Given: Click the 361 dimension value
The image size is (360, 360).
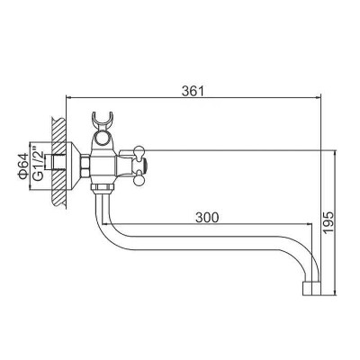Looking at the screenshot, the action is point(193,91).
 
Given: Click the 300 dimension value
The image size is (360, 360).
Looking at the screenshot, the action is point(207,218).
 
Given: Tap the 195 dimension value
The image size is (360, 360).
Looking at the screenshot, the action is point(328,222).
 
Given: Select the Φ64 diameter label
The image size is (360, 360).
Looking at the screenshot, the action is point(23,166).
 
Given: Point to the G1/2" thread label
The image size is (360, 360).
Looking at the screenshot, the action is point(38,163).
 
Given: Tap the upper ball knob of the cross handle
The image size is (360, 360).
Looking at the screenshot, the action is point(139,150).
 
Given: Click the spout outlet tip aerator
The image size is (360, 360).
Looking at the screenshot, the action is point(310,289).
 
